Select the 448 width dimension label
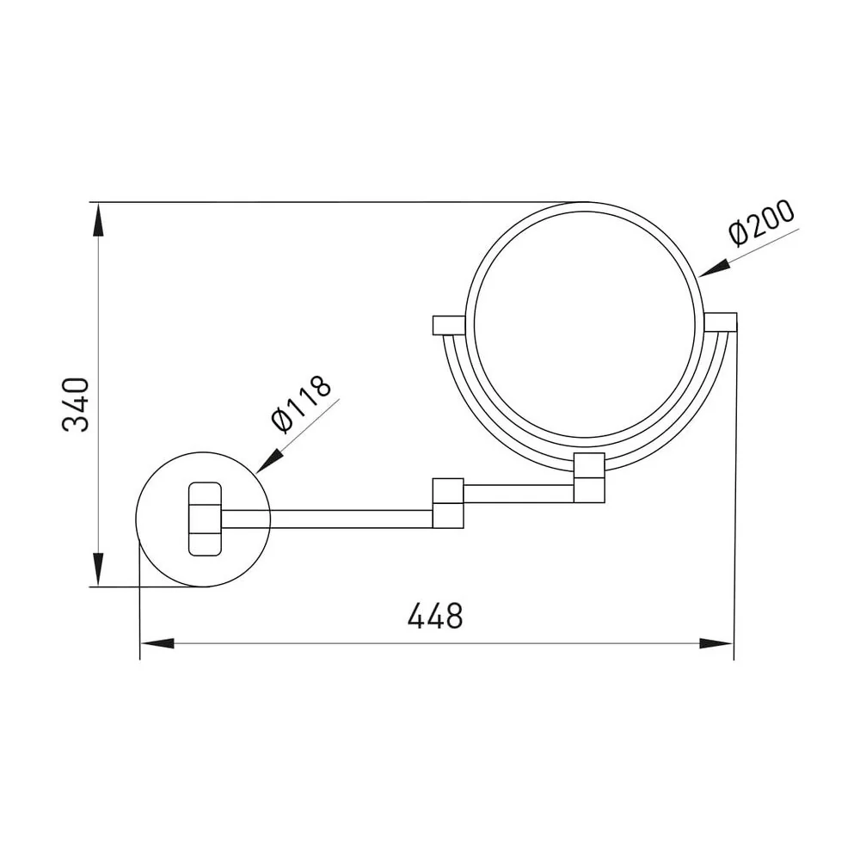(x=435, y=616)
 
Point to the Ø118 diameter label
(x=301, y=403)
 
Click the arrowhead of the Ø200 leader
(x=715, y=268)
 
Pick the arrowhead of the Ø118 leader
(x=268, y=461)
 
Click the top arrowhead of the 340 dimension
(x=98, y=220)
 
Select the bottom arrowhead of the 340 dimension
(x=98, y=569)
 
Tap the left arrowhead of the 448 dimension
(x=158, y=643)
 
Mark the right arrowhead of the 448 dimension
(x=716, y=643)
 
